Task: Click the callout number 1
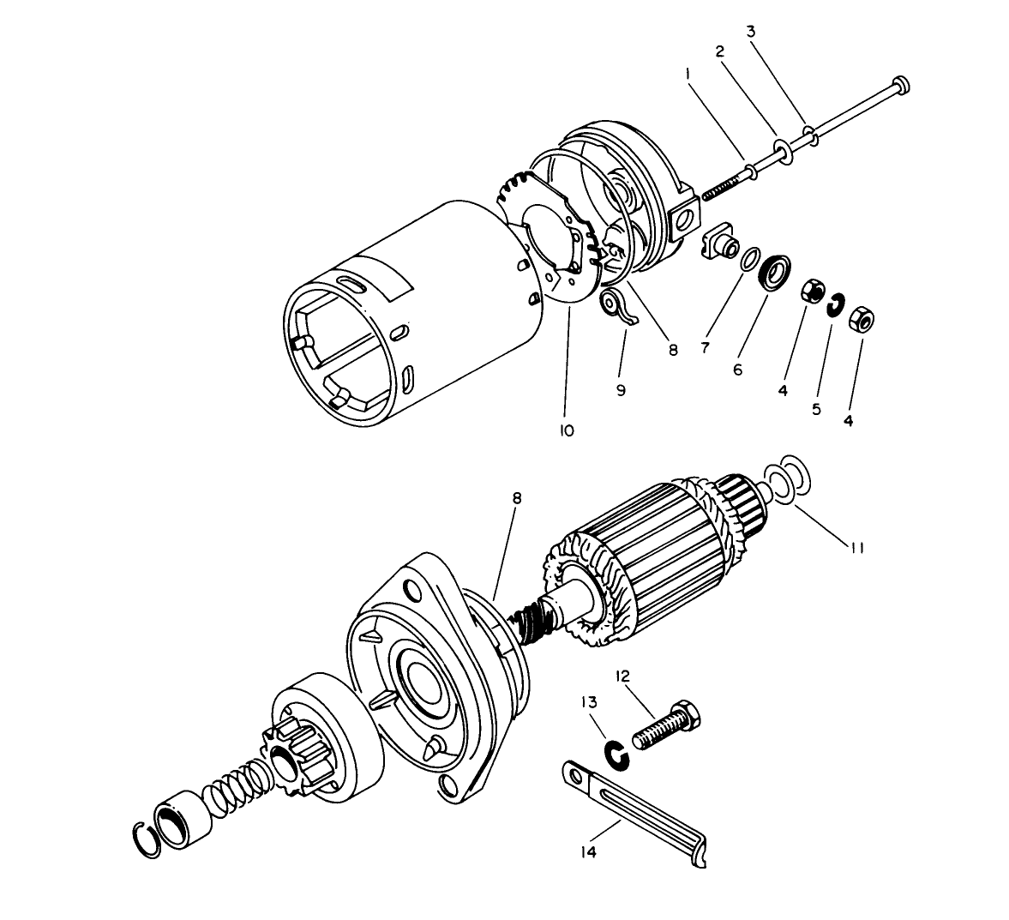pos(688,75)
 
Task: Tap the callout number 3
pos(750,32)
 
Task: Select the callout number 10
pos(566,430)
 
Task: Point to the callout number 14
pos(589,851)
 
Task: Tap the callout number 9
pos(621,389)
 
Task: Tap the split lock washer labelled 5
pos(835,307)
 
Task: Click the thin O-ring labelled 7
pos(750,260)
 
